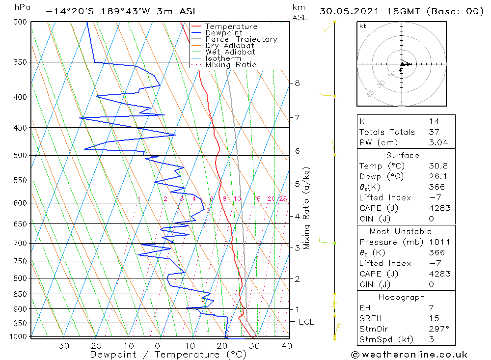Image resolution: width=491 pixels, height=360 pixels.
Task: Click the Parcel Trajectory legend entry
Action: [241, 39]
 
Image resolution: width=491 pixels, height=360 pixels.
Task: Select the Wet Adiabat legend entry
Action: [230, 52]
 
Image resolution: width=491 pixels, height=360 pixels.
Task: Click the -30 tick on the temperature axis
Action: [60, 346]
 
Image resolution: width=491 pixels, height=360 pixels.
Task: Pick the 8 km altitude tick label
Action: [297, 83]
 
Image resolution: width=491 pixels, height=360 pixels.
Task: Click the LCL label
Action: [306, 322]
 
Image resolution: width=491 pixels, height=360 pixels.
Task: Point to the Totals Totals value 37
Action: [434, 132]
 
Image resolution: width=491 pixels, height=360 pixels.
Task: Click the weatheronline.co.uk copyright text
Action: [409, 355]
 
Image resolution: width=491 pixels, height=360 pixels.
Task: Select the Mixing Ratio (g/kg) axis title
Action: [306, 208]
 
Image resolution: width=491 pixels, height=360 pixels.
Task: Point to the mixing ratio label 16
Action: [257, 199]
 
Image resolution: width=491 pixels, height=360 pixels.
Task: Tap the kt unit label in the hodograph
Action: [363, 26]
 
